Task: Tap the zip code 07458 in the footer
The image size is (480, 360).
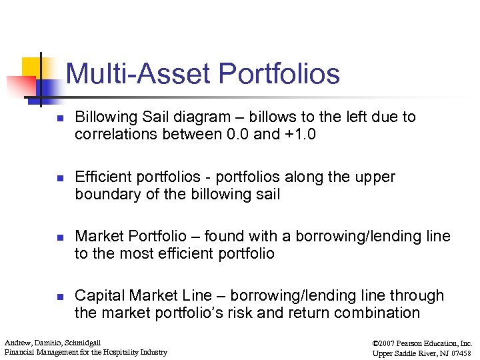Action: click(460, 352)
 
